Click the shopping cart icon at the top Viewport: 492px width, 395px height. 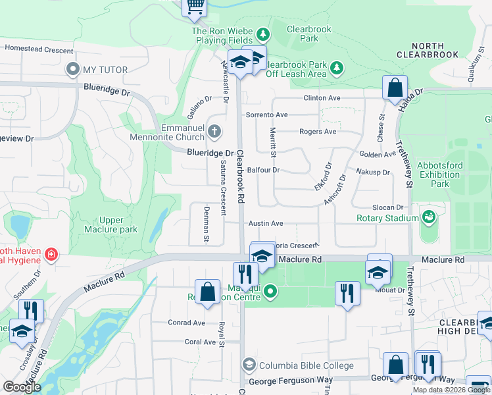click(x=195, y=6)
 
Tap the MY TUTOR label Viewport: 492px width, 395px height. click(x=99, y=69)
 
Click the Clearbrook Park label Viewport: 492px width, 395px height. click(x=303, y=34)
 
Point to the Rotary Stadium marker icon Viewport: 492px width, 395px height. click(x=429, y=217)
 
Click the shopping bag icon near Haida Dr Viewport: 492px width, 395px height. click(x=395, y=88)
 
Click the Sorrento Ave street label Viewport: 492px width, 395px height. click(x=266, y=115)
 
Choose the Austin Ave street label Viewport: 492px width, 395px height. click(x=266, y=224)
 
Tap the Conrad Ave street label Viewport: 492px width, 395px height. click(x=186, y=323)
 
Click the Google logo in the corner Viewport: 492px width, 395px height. click(x=22, y=386)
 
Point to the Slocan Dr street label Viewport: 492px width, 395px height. click(x=387, y=207)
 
